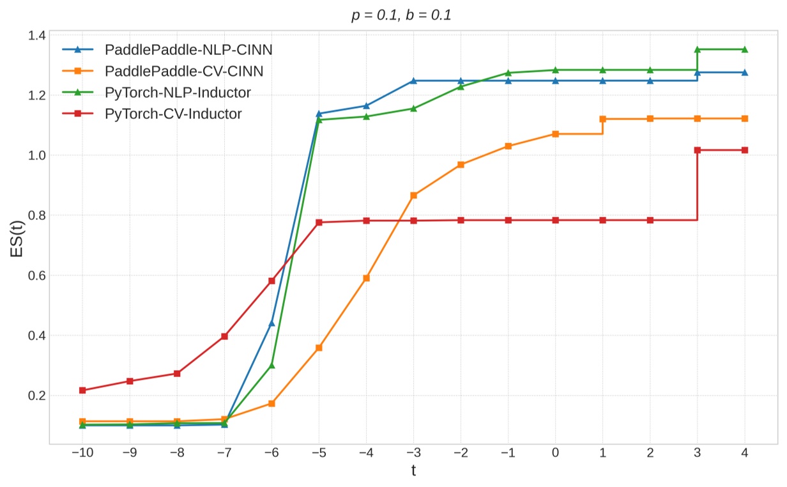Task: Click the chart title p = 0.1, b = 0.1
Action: [401, 15]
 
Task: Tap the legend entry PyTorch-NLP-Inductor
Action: [178, 93]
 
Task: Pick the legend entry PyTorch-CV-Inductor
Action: [173, 114]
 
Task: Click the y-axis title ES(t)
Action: [18, 238]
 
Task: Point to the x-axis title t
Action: [413, 471]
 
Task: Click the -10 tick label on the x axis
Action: [82, 452]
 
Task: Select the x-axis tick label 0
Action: [555, 452]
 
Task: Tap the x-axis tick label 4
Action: [744, 452]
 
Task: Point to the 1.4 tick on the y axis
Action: [36, 35]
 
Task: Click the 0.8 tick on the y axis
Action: [36, 215]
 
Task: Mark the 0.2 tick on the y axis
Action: [36, 396]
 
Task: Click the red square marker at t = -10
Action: [82, 390]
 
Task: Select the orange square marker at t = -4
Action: [366, 278]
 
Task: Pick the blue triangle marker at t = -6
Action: [271, 323]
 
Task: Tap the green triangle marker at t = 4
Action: [744, 49]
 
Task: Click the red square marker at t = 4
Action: [744, 150]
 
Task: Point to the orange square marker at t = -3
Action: [413, 195]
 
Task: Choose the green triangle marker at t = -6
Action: [271, 366]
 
